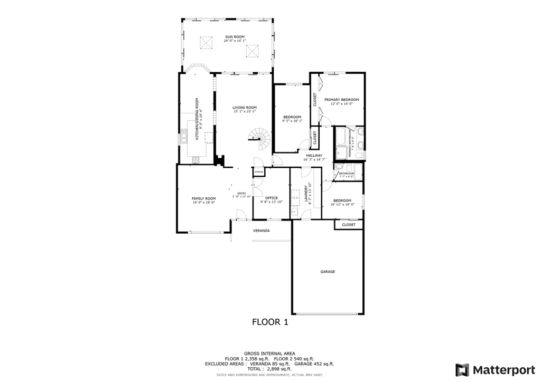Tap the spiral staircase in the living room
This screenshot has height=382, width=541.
pyautogui.click(x=259, y=138)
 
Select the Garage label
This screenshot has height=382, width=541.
pyautogui.click(x=328, y=272)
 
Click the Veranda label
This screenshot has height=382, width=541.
pyautogui.click(x=262, y=231)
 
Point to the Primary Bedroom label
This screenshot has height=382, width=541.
pyautogui.click(x=341, y=100)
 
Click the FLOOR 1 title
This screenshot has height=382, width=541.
pyautogui.click(x=270, y=322)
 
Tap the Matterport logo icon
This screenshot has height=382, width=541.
pyautogui.click(x=462, y=369)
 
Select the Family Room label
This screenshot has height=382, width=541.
pyautogui.click(x=203, y=198)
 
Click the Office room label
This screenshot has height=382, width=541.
pyautogui.click(x=272, y=198)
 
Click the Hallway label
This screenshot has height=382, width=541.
pyautogui.click(x=314, y=156)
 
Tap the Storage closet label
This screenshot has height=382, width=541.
pyautogui.click(x=258, y=172)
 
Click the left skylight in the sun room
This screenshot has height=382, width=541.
pyautogui.click(x=206, y=41)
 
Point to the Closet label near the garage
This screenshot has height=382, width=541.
pyautogui.click(x=349, y=225)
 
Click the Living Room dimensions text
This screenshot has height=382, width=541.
pyautogui.click(x=244, y=111)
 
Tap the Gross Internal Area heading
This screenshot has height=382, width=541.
pyautogui.click(x=269, y=354)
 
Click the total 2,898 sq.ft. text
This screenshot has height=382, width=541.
pyautogui.click(x=269, y=369)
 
